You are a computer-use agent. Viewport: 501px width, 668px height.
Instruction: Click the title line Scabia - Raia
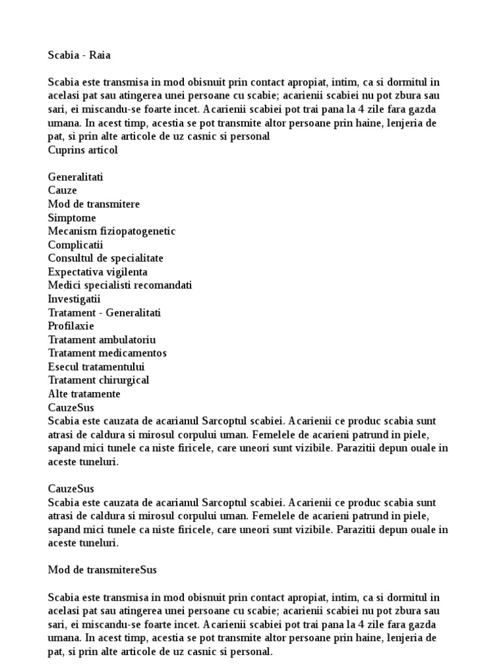point(79,55)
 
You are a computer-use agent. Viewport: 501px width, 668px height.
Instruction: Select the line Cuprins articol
point(83,150)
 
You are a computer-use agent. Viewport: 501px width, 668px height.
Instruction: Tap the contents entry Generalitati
point(75,177)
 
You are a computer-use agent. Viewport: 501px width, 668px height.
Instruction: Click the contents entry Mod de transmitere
point(94,204)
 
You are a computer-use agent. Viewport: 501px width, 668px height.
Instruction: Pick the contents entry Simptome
point(72,218)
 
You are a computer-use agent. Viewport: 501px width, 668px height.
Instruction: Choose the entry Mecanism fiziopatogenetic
point(112,232)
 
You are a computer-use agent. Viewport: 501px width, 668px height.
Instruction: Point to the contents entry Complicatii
point(76,245)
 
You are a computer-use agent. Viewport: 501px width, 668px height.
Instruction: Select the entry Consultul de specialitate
point(106,258)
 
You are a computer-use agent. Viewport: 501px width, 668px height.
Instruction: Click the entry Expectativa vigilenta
point(98,272)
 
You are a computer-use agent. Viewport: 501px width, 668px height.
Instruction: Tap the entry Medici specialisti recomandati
point(120,286)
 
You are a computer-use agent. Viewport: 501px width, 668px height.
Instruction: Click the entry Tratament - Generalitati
point(104,312)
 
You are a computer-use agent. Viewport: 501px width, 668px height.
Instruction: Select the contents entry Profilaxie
point(71,326)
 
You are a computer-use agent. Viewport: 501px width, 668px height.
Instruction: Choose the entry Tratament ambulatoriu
point(102,340)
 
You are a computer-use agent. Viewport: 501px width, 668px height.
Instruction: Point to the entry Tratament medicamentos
point(107,353)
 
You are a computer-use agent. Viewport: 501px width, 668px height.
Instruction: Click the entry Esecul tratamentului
point(97,367)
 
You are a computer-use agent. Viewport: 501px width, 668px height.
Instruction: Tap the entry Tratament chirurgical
point(99,380)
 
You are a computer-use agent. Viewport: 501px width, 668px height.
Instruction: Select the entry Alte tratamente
point(84,394)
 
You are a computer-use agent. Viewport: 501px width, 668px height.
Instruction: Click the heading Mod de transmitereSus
point(102,570)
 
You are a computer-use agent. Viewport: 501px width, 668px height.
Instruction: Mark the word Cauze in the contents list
point(63,190)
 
